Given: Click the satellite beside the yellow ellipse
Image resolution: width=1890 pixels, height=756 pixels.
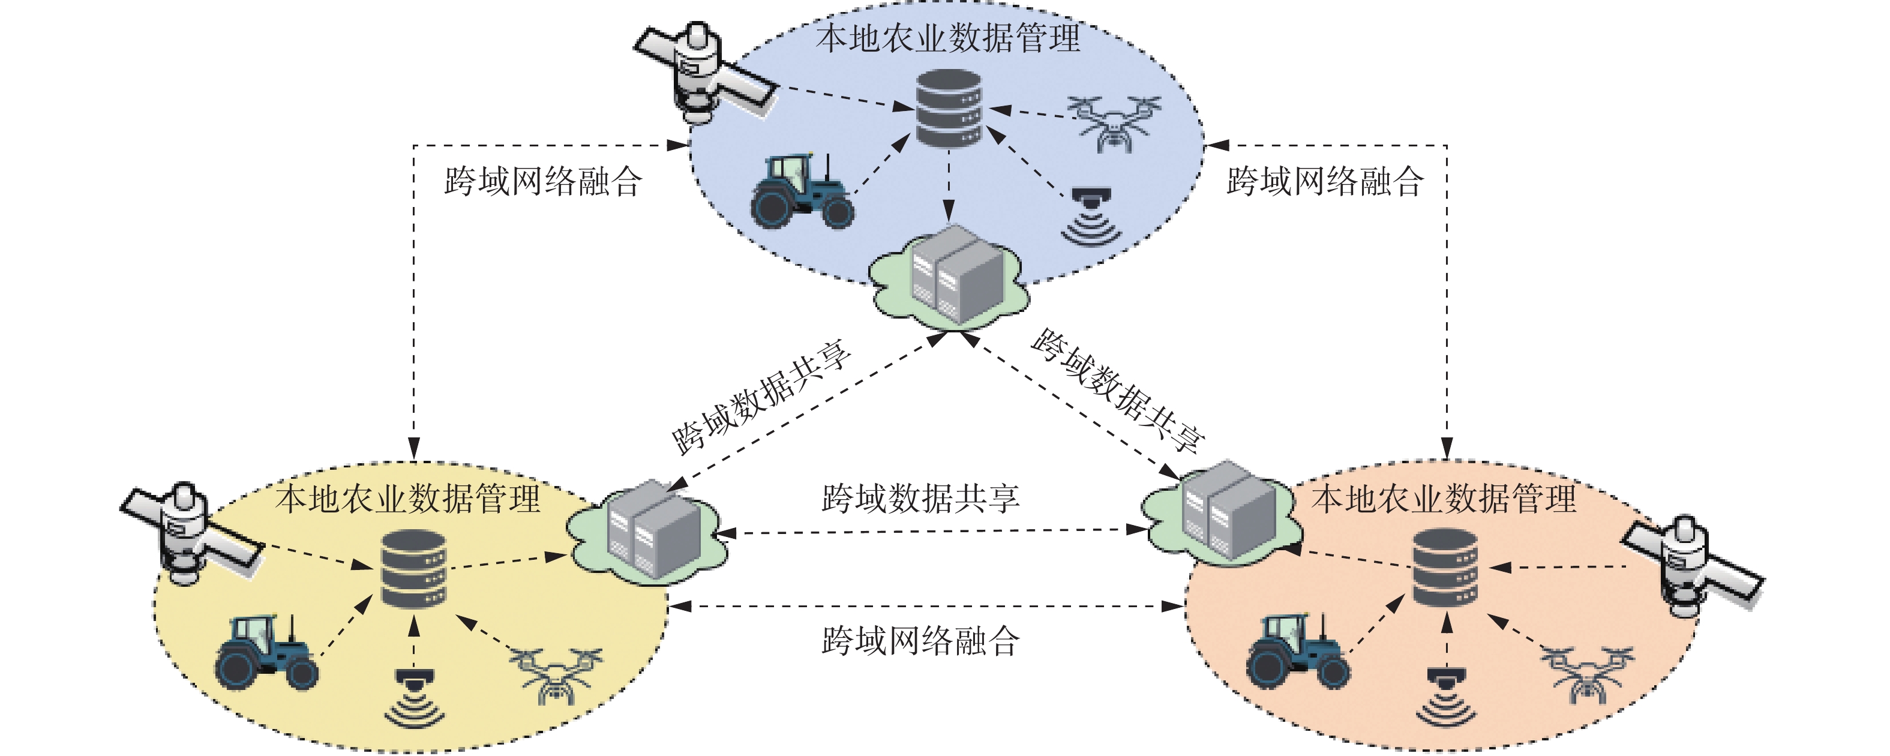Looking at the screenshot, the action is pyautogui.click(x=191, y=533).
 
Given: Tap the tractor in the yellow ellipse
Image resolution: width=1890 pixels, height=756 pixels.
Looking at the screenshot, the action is pyautogui.click(x=266, y=652).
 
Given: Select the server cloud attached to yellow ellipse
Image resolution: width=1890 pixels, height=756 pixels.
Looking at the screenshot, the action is pyautogui.click(x=646, y=532).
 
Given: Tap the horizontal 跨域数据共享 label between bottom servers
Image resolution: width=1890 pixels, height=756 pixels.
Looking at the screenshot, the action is pyautogui.click(x=921, y=499).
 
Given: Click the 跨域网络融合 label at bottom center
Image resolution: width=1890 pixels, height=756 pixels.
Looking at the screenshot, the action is pyautogui.click(x=921, y=641).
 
